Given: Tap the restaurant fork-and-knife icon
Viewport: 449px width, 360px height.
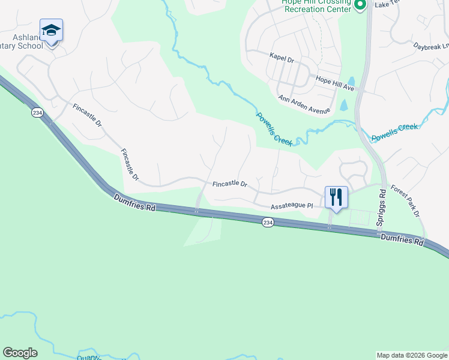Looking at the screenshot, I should click(336, 197).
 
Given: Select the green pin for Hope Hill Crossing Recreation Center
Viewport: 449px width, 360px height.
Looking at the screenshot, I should click(360, 6).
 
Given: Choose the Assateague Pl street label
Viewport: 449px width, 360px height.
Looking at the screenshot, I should click(292, 206).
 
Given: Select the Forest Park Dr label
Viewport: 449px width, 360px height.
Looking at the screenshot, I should click(405, 200).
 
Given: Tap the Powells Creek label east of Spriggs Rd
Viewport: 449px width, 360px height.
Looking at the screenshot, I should click(394, 132).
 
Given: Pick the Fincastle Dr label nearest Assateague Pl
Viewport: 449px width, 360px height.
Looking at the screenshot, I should click(230, 184).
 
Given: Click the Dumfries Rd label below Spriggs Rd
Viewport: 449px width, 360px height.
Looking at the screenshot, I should click(402, 239).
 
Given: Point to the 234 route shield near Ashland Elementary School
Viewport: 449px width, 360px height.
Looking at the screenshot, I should click(37, 112).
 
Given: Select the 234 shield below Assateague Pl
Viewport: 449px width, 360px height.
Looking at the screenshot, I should click(268, 223).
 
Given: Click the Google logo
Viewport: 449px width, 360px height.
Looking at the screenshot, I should click(20, 353).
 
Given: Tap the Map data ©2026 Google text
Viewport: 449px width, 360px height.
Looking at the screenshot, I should click(411, 355).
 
